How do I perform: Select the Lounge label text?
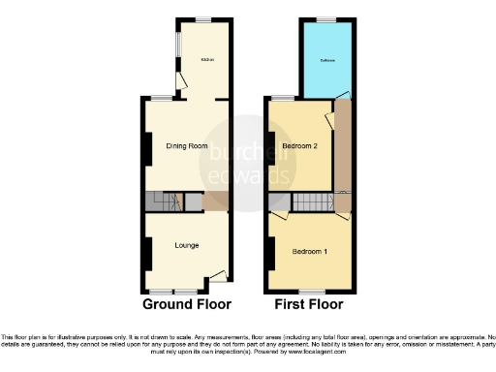[187, 245]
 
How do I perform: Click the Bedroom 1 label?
[310, 252]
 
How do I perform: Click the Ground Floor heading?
[187, 303]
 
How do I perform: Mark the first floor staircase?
[312, 202]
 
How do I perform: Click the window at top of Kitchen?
[203, 20]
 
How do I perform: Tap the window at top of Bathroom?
[330, 20]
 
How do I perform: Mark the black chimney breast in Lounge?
[146, 252]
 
